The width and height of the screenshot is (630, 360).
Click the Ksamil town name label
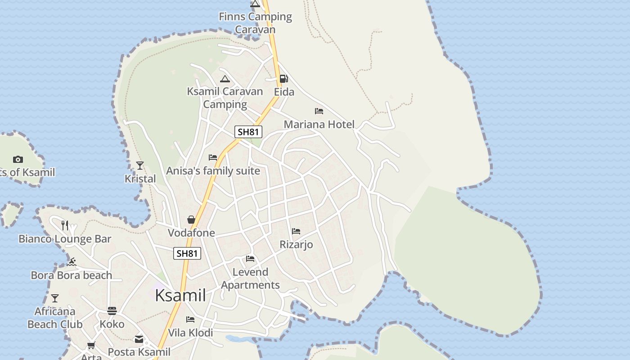click(x=180, y=296)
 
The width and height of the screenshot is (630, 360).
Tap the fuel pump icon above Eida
click(x=283, y=79)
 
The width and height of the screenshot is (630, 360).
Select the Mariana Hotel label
click(x=319, y=124)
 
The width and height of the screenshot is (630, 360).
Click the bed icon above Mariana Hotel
click(x=319, y=111)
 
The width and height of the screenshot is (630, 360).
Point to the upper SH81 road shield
click(x=248, y=132)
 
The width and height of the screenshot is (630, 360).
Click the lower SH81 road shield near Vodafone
click(x=187, y=253)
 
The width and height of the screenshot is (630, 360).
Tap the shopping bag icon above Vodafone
click(x=191, y=220)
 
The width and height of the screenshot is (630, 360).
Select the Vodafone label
click(x=191, y=233)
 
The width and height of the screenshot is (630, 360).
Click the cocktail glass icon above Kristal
click(x=140, y=166)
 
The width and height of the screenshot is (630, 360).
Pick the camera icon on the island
click(x=18, y=159)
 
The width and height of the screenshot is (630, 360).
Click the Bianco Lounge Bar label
click(x=65, y=239)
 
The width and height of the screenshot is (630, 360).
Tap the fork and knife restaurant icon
click(x=65, y=225)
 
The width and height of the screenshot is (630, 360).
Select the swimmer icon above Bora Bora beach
click(x=71, y=262)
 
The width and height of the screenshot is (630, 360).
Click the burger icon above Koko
click(x=112, y=311)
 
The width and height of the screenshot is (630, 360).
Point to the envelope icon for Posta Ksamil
click(x=139, y=339)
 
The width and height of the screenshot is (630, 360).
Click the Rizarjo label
click(x=296, y=244)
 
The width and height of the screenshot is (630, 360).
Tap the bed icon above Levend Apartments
click(x=250, y=259)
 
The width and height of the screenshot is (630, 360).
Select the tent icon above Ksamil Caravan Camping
click(x=225, y=79)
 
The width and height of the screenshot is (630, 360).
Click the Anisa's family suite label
click(x=213, y=171)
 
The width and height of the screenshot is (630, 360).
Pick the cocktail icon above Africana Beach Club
click(x=55, y=298)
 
